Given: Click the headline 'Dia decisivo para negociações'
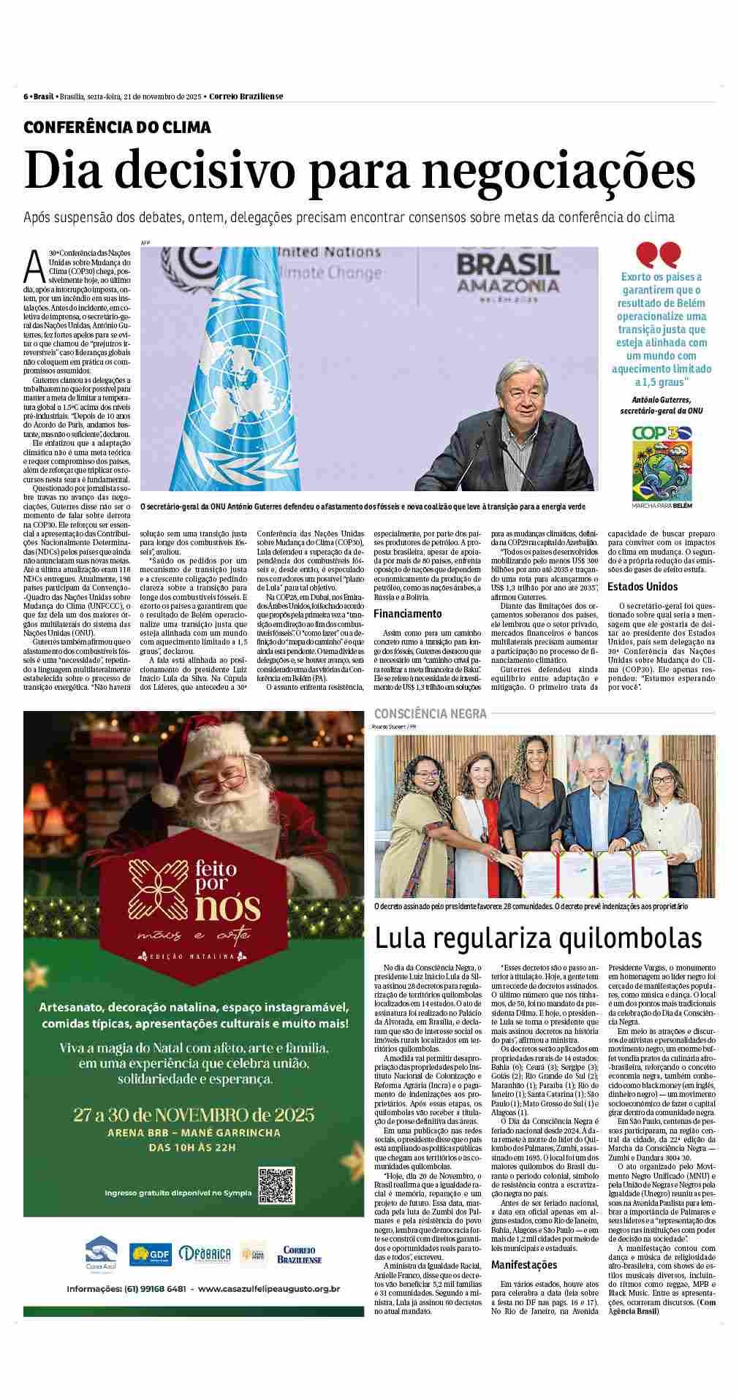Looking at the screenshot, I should pyautogui.click(x=359, y=171).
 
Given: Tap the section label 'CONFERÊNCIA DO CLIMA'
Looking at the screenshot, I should pyautogui.click(x=117, y=127).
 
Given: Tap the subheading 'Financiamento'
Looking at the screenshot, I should pyautogui.click(x=408, y=614).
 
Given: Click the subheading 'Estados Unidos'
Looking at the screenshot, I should pyautogui.click(x=642, y=586).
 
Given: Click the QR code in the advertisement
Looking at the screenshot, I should pyautogui.click(x=276, y=1185).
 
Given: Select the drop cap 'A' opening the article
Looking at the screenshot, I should pyautogui.click(x=34, y=267).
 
